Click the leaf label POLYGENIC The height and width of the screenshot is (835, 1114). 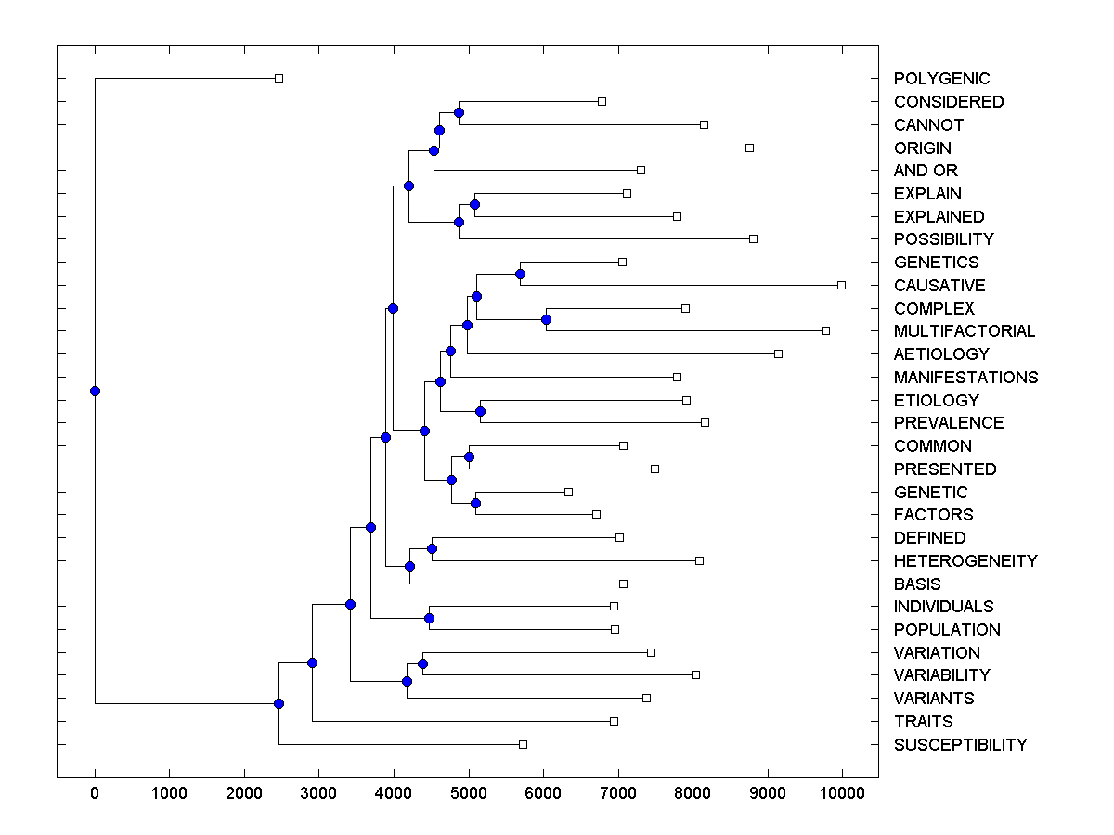click(941, 79)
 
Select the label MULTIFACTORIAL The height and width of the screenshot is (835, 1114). click(965, 331)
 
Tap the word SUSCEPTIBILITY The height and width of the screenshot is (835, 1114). click(960, 745)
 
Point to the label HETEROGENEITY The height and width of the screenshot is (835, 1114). click(965, 561)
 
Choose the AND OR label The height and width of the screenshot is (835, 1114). click(926, 171)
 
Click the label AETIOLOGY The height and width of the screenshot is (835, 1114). click(941, 354)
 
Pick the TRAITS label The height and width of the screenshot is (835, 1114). click(923, 722)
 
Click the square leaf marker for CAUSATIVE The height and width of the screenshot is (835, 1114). click(841, 285)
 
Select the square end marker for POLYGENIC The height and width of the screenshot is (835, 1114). click(278, 79)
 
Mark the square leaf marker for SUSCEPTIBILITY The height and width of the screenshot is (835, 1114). click(523, 744)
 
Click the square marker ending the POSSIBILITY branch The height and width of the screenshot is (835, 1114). click(753, 238)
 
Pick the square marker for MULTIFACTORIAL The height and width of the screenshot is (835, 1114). click(825, 330)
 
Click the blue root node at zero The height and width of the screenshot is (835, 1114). click(95, 391)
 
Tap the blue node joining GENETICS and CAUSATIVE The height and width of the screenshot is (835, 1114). click(520, 274)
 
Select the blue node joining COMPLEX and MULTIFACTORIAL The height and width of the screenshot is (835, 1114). click(546, 319)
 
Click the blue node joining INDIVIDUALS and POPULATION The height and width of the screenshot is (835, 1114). click(429, 618)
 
